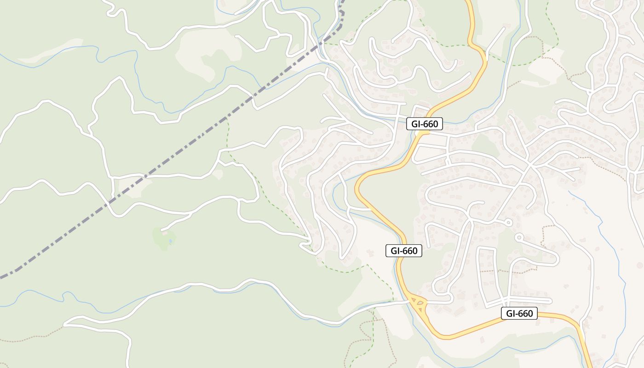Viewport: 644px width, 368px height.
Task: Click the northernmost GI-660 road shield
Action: pyautogui.click(x=425, y=124)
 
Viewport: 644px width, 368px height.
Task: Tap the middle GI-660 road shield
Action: pyautogui.click(x=403, y=251)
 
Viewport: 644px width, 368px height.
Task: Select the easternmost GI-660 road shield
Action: pyautogui.click(x=519, y=314)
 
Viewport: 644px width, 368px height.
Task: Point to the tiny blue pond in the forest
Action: pyautogui.click(x=171, y=240)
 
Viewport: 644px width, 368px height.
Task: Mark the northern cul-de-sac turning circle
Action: pyautogui.click(x=508, y=223)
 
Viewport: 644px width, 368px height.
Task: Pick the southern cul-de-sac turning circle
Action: pyautogui.click(x=519, y=238)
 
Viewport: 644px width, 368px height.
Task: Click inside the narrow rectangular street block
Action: pyautogui.click(x=488, y=276)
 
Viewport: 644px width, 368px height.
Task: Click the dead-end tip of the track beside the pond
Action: pyautogui.click(x=161, y=229)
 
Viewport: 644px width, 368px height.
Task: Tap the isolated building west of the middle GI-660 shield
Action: pyautogui.click(x=369, y=253)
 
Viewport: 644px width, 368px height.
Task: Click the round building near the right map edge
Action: pyautogui.click(x=639, y=265)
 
